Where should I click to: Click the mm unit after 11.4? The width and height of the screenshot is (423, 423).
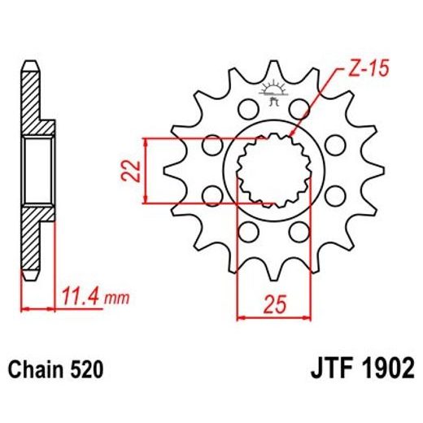120,299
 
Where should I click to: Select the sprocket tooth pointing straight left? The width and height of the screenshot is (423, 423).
172,171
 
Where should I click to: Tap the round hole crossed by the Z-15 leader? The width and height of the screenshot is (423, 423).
301,109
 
